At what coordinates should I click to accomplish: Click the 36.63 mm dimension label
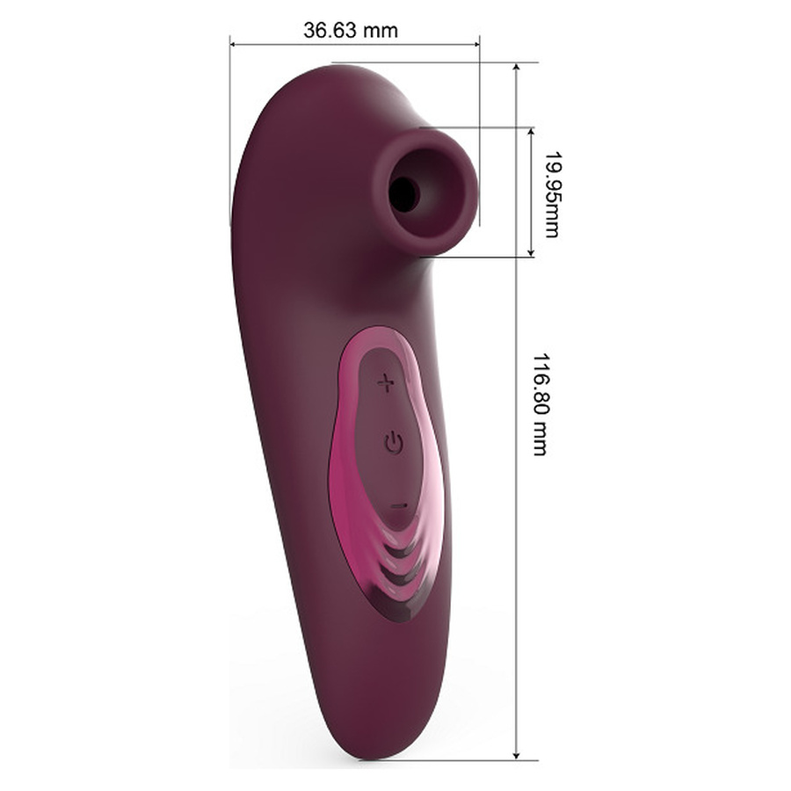(x=351, y=30)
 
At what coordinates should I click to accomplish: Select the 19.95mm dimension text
(x=553, y=194)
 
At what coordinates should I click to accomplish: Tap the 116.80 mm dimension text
(x=541, y=404)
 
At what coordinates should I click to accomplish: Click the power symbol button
(x=393, y=442)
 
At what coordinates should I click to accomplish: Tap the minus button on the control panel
(x=399, y=506)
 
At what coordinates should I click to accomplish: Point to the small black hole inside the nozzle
(x=403, y=194)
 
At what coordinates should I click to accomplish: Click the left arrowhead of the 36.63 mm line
(x=234, y=45)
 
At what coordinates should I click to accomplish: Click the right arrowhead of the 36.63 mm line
(x=475, y=45)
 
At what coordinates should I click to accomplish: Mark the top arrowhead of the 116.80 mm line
(x=516, y=67)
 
